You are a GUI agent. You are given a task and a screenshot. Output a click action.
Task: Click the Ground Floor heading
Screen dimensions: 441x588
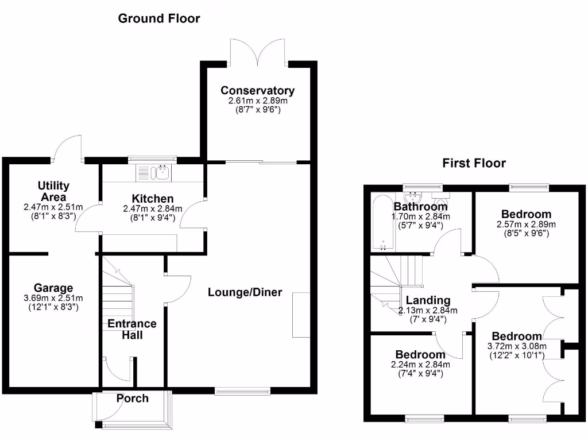pos(159,18)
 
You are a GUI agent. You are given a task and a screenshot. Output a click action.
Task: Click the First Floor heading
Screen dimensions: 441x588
pos(474,163)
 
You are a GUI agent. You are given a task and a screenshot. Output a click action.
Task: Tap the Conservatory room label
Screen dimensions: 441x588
pos(257,91)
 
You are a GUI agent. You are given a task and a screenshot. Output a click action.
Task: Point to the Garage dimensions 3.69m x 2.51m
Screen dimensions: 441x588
pos(53,298)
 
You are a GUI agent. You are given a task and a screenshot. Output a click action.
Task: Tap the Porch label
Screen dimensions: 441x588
pos(133,399)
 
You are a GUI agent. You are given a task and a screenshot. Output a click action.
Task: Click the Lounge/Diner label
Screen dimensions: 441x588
pos(245,292)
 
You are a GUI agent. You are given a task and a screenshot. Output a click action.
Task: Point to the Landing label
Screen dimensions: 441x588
pos(428,300)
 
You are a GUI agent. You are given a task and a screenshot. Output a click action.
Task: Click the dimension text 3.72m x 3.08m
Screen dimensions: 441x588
pos(516,346)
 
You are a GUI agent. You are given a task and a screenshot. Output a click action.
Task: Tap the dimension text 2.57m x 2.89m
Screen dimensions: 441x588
pos(526,225)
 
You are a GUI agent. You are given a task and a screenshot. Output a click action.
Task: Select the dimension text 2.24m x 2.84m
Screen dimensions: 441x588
pos(420,365)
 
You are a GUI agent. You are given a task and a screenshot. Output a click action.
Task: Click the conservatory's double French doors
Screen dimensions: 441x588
pos(259,51)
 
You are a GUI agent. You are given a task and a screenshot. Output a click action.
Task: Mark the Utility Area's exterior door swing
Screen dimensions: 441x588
pos(68,146)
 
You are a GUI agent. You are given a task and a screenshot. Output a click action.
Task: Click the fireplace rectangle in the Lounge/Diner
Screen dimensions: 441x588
pos(301,315)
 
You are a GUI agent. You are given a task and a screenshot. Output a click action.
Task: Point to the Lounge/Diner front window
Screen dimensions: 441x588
pos(242,392)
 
